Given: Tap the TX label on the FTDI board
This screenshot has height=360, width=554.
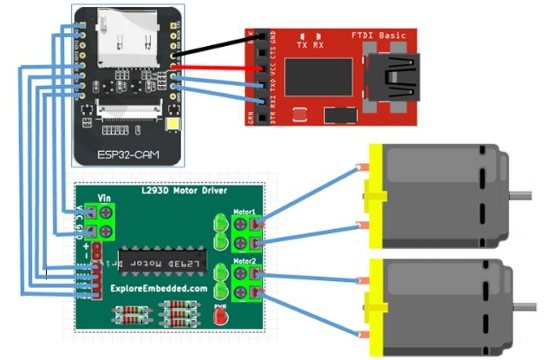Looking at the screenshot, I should pyautogui.click(x=302, y=44).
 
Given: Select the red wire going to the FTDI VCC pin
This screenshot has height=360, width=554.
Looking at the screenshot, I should pyautogui.click(x=217, y=65).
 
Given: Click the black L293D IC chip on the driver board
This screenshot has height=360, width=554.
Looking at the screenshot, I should pyautogui.click(x=153, y=260).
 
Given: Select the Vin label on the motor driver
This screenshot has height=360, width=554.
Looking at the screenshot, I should pyautogui.click(x=105, y=200).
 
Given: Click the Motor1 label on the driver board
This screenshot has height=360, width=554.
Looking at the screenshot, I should pyautogui.click(x=244, y=212).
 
